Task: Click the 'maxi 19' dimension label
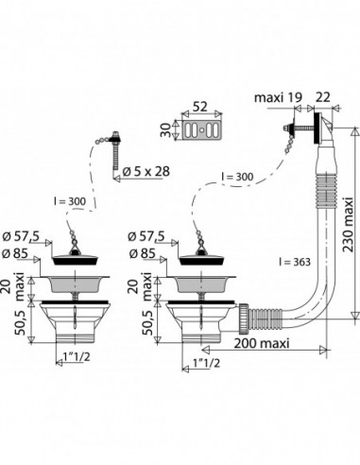coord(278,97)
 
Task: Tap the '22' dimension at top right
coord(322,97)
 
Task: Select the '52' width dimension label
coord(199,107)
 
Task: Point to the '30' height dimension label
coord(166,129)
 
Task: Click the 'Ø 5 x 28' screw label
coord(146,172)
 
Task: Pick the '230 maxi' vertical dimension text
coord(349,225)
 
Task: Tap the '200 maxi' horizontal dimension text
coord(262,343)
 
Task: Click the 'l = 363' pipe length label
coord(295,262)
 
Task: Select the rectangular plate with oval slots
coord(202,130)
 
